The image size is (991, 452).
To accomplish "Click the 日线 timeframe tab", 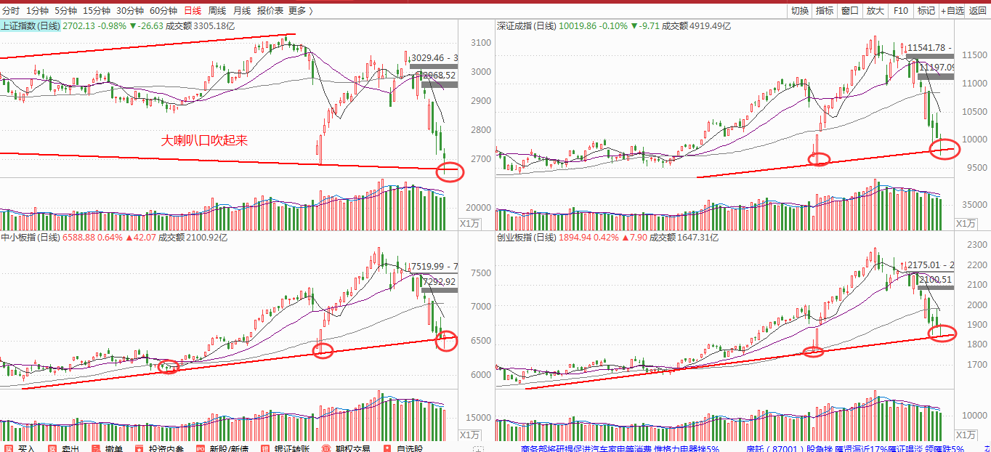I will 193,11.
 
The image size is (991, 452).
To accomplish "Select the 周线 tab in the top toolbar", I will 217,11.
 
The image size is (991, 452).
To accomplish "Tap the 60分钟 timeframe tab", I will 163,11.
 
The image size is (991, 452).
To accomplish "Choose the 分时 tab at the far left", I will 11,11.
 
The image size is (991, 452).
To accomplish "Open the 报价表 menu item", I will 270,11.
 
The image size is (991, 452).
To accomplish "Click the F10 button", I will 901,11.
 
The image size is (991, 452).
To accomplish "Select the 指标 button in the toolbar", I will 825,11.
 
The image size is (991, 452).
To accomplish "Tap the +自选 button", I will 952,11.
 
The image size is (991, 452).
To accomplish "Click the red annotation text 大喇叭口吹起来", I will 204,140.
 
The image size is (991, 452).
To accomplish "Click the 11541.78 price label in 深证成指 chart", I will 929,47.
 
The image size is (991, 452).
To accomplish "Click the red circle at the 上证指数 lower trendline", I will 449,172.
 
